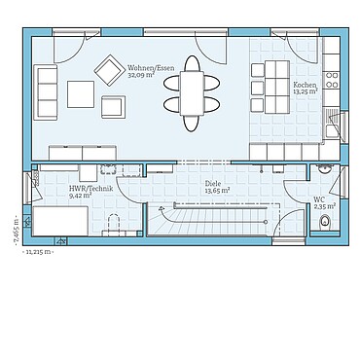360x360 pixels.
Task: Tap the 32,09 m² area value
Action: coord(142,76)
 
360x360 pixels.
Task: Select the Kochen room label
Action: coord(306,86)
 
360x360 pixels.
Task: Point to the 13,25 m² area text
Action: coord(306,92)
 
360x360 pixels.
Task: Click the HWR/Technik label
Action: coord(87,189)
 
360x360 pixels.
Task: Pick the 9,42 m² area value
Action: coord(80,196)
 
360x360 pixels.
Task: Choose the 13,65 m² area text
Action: coord(216,190)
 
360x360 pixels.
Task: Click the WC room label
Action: coord(319,199)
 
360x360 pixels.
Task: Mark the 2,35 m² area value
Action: coord(323,206)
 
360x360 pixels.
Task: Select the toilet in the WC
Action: coord(325,225)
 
